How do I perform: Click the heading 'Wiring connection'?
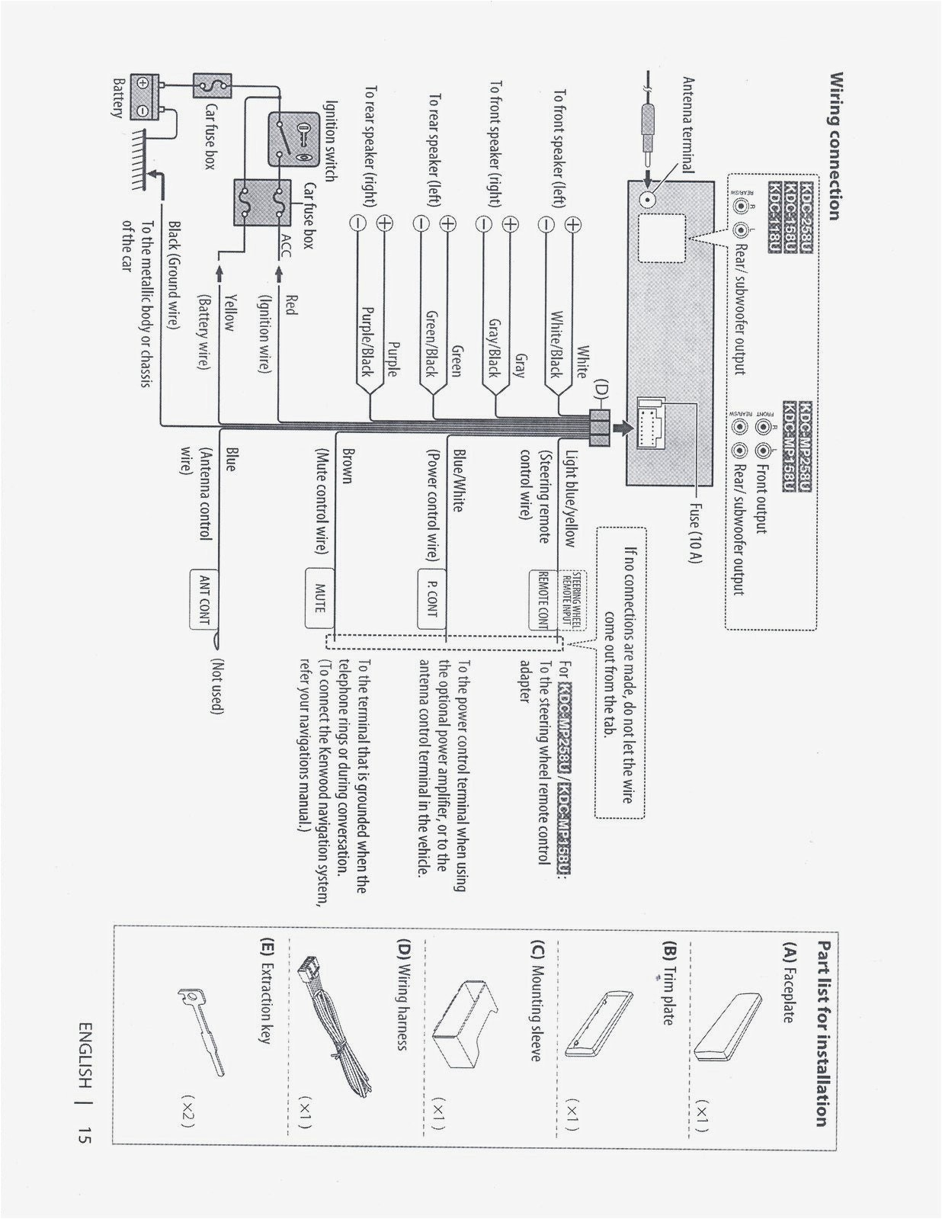click(x=835, y=145)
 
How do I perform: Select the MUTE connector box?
click(x=319, y=598)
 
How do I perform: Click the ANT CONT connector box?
click(x=203, y=600)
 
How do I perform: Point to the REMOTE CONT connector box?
click(x=543, y=599)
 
